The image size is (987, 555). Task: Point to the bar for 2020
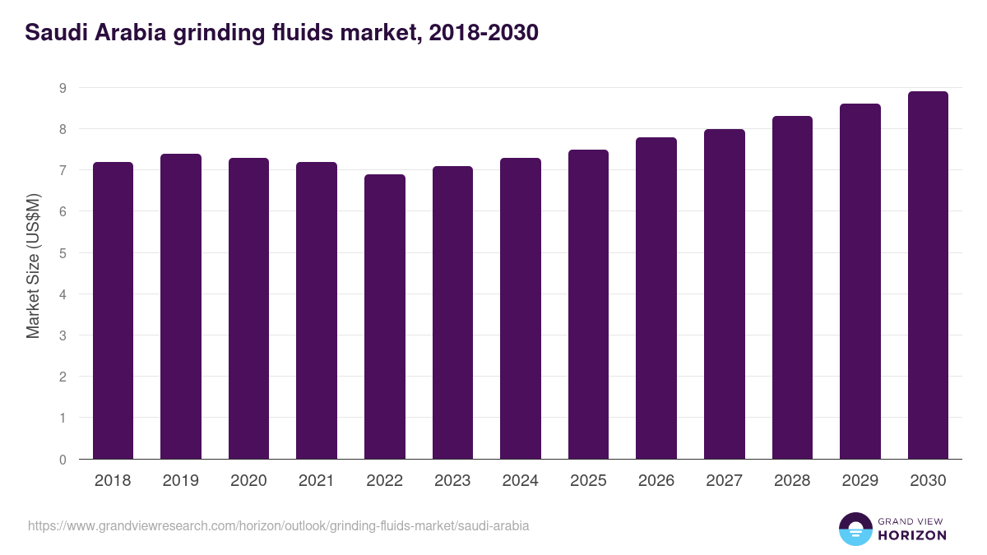coord(248,308)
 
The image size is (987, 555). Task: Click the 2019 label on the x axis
coord(180,481)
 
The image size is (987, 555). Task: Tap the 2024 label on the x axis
coord(520,481)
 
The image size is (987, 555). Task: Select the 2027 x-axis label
coord(724,481)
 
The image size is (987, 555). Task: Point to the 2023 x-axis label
coord(452,481)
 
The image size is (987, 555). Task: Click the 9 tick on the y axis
coord(63,88)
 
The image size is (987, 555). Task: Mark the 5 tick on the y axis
coord(63,253)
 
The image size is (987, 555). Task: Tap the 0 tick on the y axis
coord(63,460)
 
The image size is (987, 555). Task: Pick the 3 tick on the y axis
coord(63,335)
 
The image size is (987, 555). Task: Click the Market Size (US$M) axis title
coord(33,266)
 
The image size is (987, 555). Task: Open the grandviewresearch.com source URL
coord(278,525)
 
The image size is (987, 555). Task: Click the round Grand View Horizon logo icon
coord(855,529)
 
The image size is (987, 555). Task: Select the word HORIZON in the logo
coord(912,535)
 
